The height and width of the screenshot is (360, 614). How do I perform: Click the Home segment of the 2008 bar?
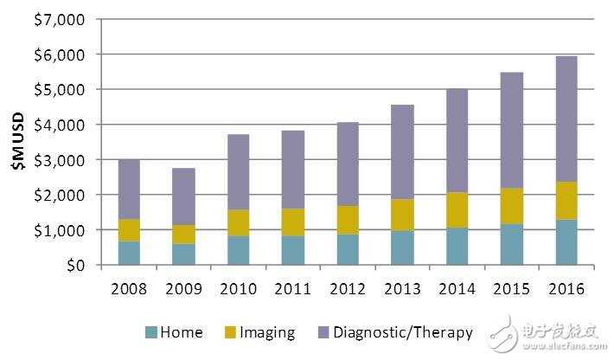click(128, 253)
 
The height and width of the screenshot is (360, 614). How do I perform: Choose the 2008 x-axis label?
click(128, 288)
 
